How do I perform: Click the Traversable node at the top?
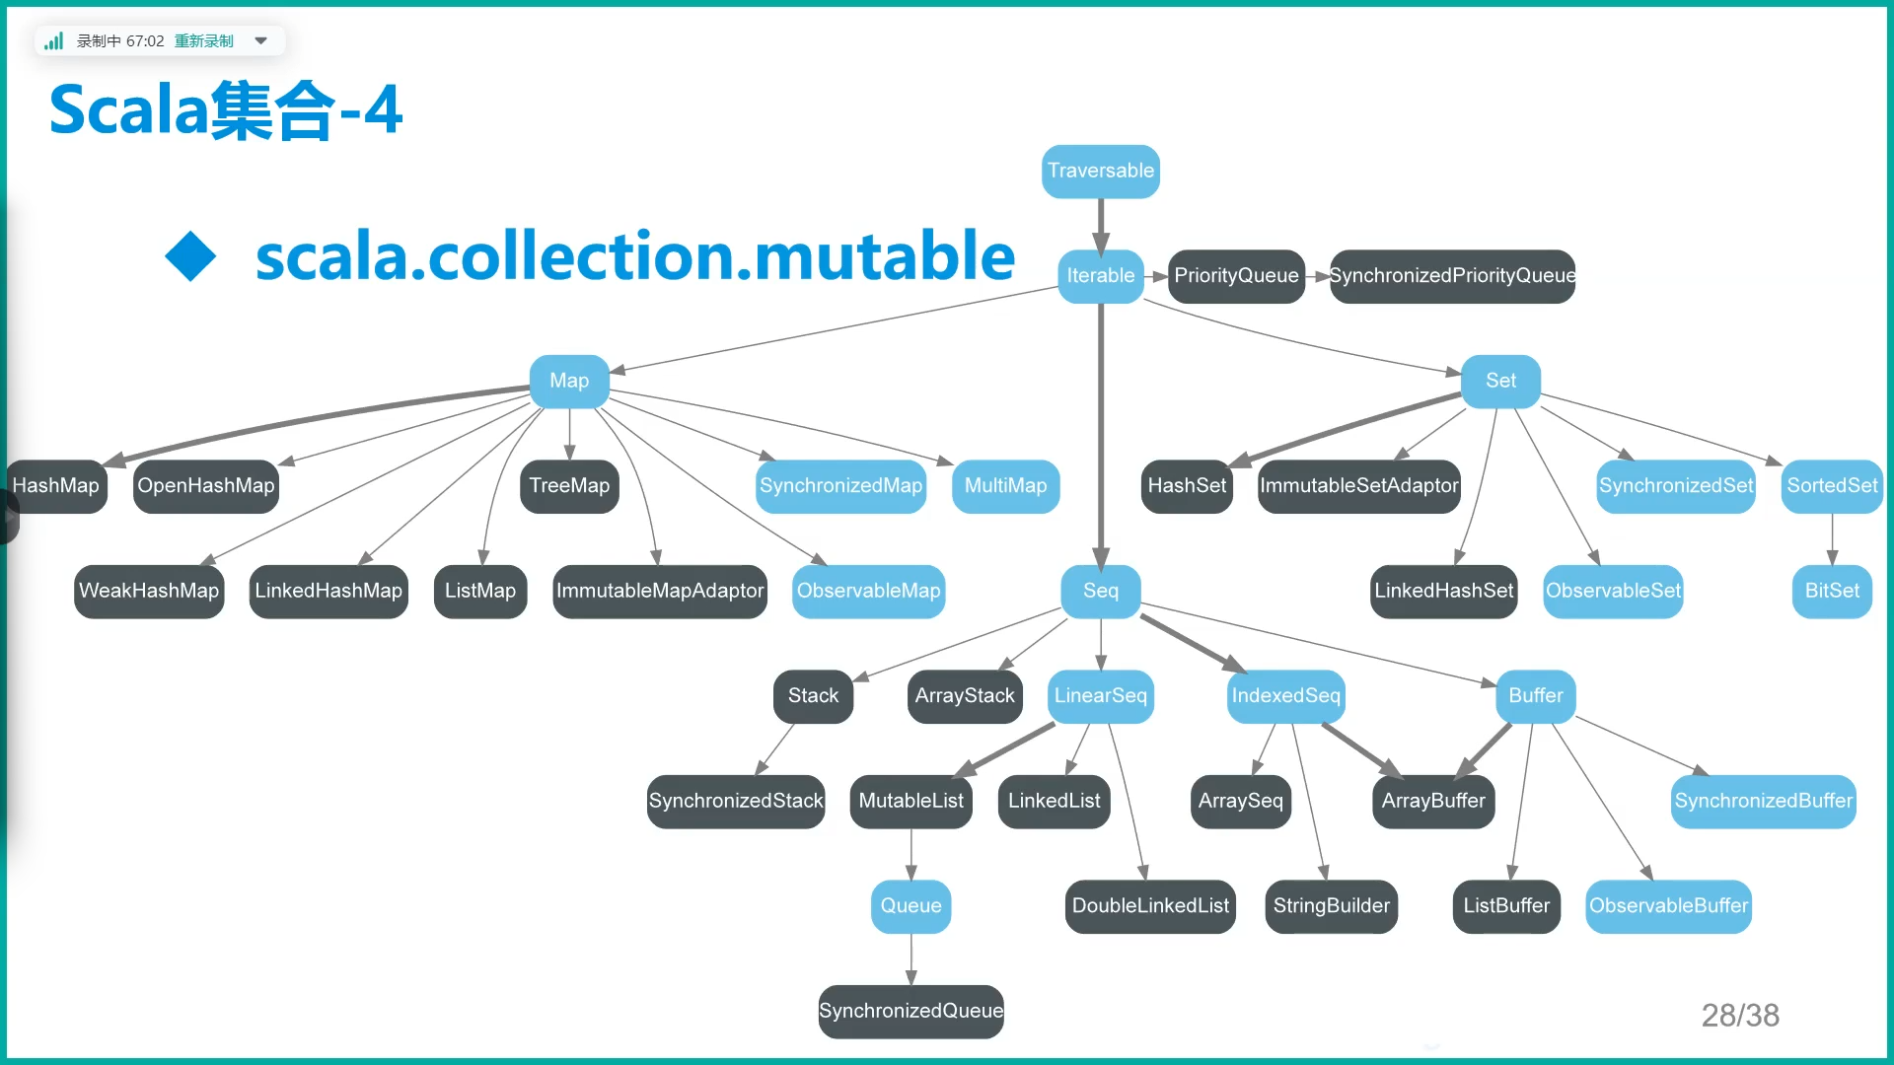point(1100,171)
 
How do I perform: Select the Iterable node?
point(1100,275)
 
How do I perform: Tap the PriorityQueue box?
point(1236,275)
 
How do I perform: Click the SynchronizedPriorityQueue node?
point(1452,275)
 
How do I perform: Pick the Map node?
point(569,381)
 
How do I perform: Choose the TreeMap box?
point(569,485)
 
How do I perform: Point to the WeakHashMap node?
point(149,591)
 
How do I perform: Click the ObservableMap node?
point(868,591)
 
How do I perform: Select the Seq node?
point(1100,591)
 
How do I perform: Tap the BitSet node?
point(1832,591)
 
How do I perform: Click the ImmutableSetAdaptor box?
point(1358,485)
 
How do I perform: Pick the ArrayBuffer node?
point(1432,801)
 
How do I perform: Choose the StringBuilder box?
point(1331,905)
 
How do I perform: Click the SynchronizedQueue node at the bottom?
point(911,1011)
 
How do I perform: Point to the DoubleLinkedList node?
point(1150,905)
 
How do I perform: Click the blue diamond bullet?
point(190,256)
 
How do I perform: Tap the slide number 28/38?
point(1740,1015)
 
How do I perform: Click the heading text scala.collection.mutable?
point(634,256)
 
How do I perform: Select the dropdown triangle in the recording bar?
point(261,40)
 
